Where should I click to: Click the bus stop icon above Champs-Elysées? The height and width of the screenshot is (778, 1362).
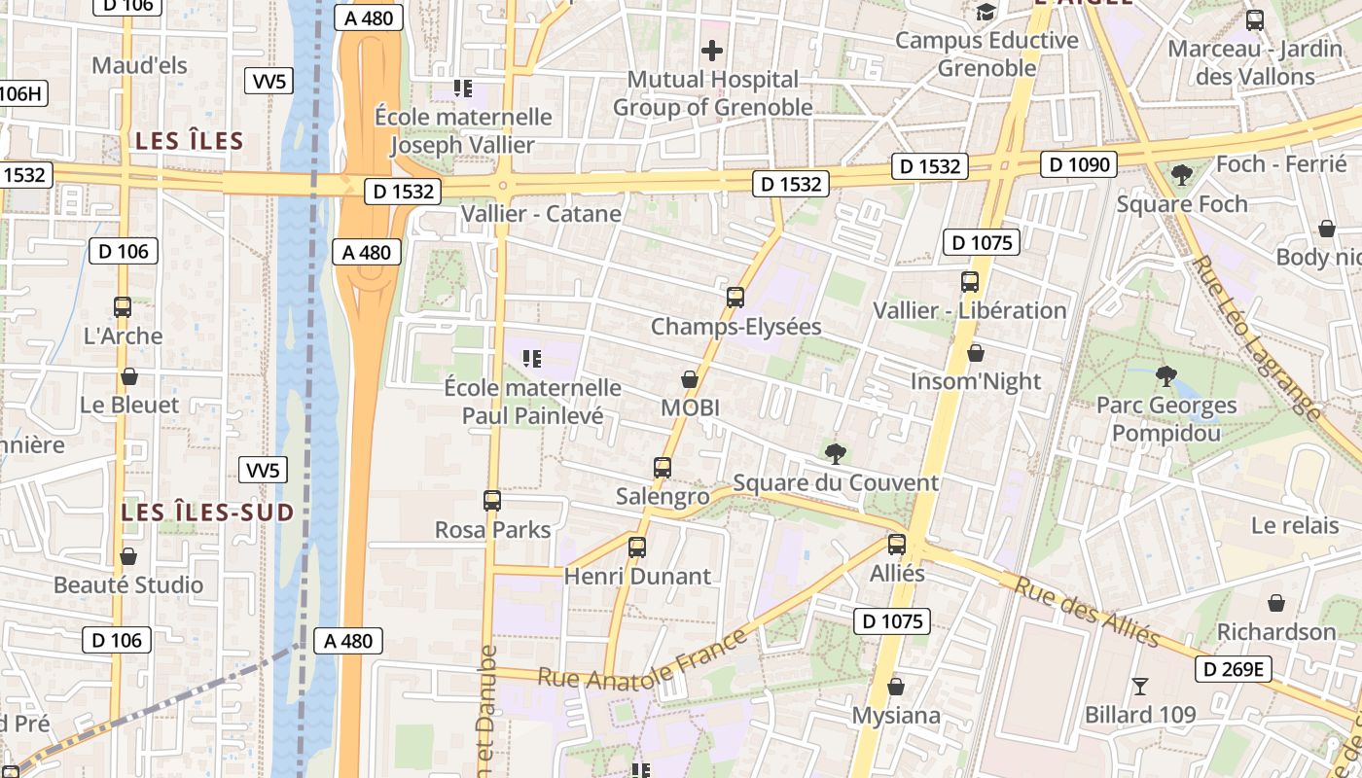click(735, 298)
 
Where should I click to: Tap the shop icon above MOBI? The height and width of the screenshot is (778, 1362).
click(690, 379)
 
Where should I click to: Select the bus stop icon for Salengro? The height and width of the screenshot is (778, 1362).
click(663, 468)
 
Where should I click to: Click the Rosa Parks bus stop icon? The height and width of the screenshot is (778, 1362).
click(492, 501)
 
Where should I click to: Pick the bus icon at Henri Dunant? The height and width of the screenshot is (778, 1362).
click(637, 547)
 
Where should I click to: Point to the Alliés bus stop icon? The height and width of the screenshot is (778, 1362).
click(897, 545)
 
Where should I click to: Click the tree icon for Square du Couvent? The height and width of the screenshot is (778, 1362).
click(835, 453)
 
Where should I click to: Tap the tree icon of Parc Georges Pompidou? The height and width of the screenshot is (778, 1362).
click(1165, 376)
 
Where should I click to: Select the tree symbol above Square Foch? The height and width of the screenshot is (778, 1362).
click(1182, 175)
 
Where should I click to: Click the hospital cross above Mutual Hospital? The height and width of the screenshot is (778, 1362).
click(712, 50)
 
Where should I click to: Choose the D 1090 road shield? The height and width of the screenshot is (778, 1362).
click(1080, 164)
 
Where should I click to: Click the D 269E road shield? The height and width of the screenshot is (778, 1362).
click(1233, 669)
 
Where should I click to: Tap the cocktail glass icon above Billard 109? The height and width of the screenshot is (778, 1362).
click(1140, 687)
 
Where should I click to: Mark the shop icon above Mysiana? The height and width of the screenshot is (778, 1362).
click(896, 687)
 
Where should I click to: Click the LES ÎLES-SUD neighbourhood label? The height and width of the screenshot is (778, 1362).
click(208, 513)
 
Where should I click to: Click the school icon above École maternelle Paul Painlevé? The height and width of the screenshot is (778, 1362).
click(531, 359)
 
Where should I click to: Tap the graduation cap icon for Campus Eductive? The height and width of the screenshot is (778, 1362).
click(986, 13)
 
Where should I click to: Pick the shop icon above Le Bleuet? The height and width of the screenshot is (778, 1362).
click(129, 376)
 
